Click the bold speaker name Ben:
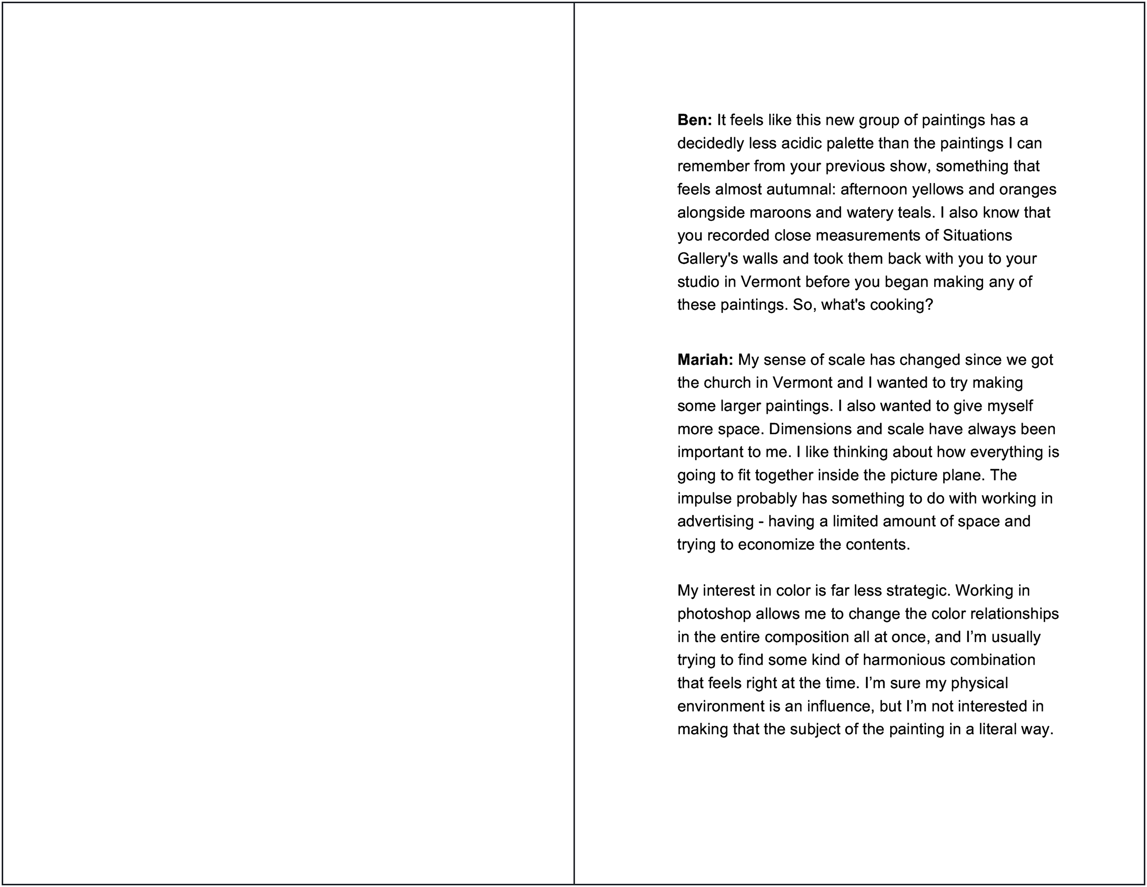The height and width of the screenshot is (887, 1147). tap(694, 120)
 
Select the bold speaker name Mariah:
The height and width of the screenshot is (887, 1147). tap(705, 360)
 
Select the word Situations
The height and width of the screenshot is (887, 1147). tap(977, 235)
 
